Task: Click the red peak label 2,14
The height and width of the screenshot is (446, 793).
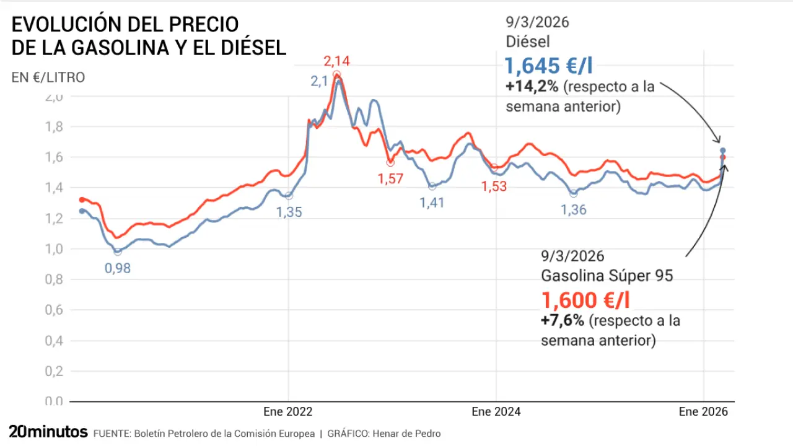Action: (x=337, y=61)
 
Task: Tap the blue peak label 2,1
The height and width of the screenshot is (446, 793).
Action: (x=320, y=81)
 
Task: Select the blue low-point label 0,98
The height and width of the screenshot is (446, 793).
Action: (x=118, y=268)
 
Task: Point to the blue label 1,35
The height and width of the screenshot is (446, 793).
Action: (x=289, y=212)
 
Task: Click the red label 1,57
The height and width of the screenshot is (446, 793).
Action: (x=390, y=179)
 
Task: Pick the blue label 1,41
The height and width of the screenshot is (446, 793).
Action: (x=432, y=203)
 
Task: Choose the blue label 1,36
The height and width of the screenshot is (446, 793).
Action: (x=573, y=210)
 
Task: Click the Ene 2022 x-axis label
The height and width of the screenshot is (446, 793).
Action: (x=288, y=412)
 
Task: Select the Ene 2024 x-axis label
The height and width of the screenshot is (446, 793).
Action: (x=496, y=412)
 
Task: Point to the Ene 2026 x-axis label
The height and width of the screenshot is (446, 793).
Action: (x=703, y=412)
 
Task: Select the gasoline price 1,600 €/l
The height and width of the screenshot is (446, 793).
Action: (x=586, y=300)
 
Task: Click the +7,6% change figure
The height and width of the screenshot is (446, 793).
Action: (x=562, y=321)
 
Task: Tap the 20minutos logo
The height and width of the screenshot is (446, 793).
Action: (x=48, y=432)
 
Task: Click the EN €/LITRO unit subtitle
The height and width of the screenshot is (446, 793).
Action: (x=48, y=77)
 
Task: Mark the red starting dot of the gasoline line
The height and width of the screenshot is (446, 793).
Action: (x=82, y=199)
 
